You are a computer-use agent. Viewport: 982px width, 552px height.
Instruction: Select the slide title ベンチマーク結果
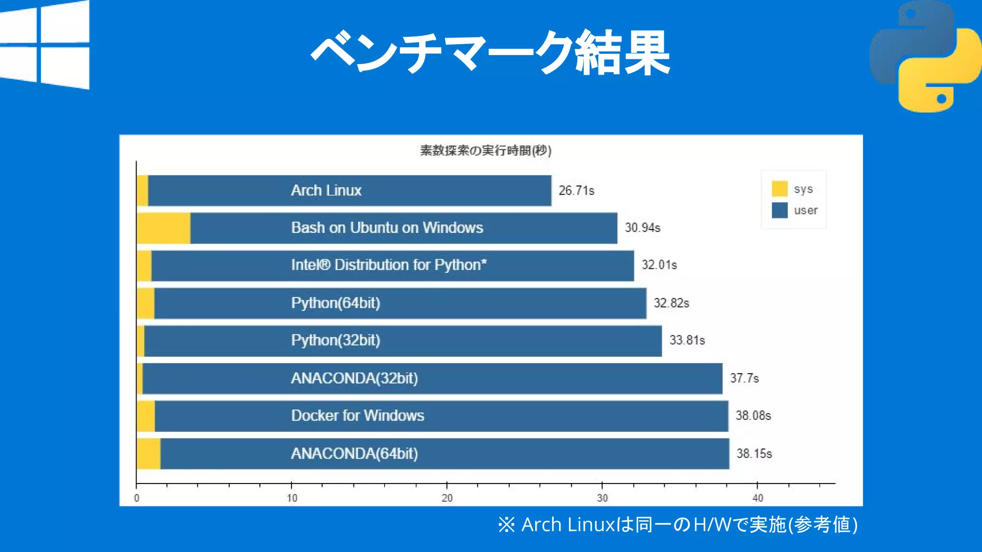[490, 53]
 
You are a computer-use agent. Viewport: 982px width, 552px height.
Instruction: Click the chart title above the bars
[485, 150]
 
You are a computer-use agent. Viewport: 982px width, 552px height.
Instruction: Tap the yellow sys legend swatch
[779, 189]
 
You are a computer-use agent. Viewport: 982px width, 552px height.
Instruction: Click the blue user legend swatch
[779, 210]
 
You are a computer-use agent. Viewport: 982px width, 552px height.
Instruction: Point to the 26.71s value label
[576, 191]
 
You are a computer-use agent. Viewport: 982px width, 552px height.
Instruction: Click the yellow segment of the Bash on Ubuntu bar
[164, 228]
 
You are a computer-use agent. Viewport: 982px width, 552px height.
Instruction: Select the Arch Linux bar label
[326, 191]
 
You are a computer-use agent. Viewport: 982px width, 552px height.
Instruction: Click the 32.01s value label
[659, 265]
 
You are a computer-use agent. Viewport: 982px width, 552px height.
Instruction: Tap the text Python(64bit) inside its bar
[335, 303]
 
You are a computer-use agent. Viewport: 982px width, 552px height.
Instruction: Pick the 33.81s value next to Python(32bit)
[687, 340]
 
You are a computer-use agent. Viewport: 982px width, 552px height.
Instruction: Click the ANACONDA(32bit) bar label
[354, 379]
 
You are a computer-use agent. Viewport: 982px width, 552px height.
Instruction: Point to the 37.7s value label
[744, 379]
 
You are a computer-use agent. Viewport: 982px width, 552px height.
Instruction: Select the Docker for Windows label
[357, 415]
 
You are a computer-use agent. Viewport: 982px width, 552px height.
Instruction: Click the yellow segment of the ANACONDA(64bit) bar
[149, 454]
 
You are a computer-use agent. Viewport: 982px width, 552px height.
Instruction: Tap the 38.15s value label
[754, 454]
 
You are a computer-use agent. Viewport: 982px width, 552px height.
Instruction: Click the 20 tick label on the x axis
[447, 498]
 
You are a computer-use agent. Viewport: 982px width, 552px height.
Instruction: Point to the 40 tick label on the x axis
[758, 498]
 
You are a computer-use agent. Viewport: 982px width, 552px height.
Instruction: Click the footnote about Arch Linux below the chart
[677, 525]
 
